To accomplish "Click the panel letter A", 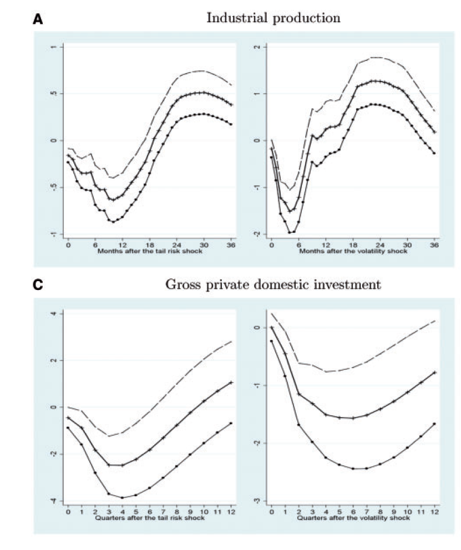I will pos(38,19).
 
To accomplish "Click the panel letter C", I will pos(38,285).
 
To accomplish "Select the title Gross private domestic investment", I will pos(273,285).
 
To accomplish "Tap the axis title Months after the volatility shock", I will pos(354,251).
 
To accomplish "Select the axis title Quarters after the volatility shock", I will pos(354,518).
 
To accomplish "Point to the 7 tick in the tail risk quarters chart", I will pos(163,512).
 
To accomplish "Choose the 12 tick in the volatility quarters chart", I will pos(434,512).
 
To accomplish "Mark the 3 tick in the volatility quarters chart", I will pos(312,512).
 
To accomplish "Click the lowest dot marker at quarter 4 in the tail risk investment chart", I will pos(122,497).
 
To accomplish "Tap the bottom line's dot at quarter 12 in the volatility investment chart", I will pos(434,424).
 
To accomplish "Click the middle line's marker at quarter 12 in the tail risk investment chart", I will pos(231,383).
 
